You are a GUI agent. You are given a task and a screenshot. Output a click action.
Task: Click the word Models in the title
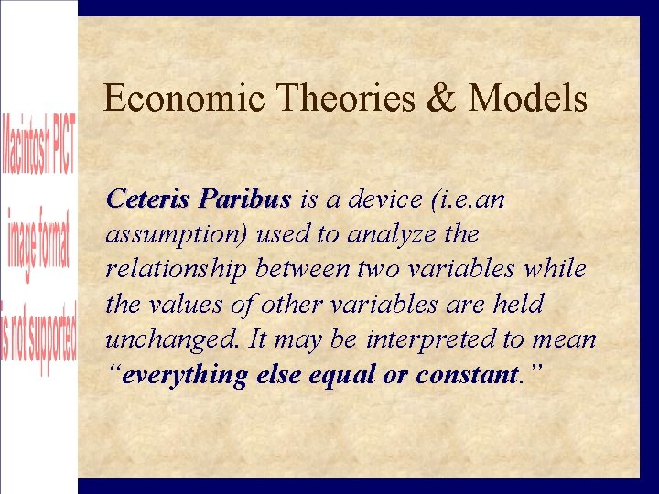tap(527, 99)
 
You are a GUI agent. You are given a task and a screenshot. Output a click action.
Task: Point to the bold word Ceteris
tap(149, 199)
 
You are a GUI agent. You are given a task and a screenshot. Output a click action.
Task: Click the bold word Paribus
tap(245, 199)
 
